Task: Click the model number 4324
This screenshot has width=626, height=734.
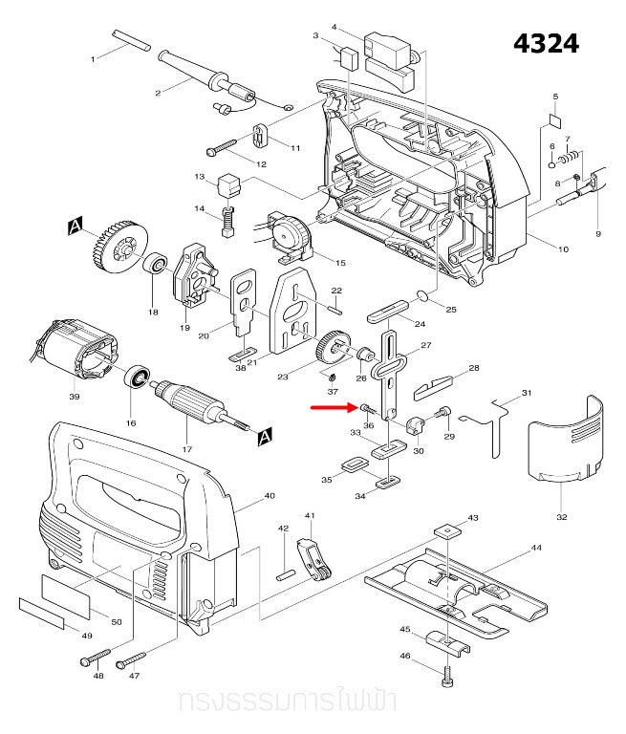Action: point(546,44)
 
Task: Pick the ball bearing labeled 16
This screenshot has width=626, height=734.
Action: point(139,380)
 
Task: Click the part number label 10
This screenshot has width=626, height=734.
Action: point(563,249)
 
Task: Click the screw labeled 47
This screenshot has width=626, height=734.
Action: point(130,658)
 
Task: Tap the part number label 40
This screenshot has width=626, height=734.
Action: point(270,495)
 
